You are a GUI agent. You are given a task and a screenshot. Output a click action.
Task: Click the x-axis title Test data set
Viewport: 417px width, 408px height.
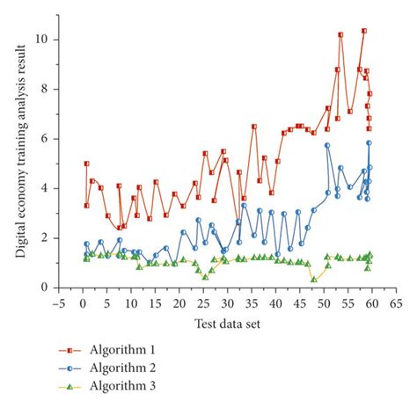coord(227,324)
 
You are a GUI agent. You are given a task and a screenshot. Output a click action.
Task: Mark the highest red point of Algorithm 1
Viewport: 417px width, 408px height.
coord(364,31)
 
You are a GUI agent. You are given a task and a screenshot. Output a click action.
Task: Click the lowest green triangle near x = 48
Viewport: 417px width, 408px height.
coord(314,279)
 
